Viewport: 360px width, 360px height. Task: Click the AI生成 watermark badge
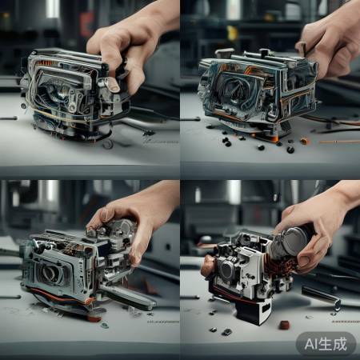click(326, 344)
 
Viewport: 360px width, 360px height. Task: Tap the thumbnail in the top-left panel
click(114, 86)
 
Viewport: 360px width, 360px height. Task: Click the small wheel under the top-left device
click(108, 144)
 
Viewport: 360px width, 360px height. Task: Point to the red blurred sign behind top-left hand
click(86, 25)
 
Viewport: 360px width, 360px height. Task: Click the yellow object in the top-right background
click(232, 33)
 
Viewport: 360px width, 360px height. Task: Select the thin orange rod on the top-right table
click(339, 142)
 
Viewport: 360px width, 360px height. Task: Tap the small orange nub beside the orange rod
click(304, 141)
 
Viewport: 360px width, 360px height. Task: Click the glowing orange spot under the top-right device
click(275, 138)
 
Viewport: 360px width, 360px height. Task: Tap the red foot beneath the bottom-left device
click(94, 318)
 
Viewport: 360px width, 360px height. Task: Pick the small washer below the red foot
click(104, 326)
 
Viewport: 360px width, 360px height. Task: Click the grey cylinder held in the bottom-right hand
click(290, 242)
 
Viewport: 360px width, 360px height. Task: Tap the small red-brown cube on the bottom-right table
click(284, 325)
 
